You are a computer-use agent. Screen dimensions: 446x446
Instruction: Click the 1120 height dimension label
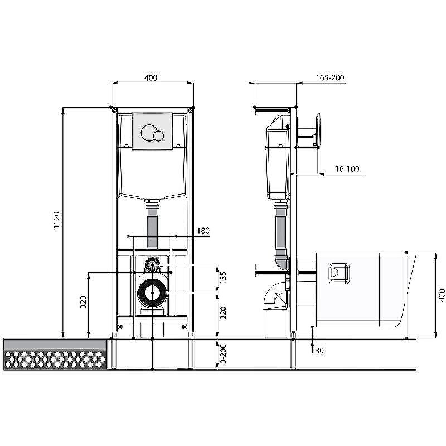click(x=57, y=220)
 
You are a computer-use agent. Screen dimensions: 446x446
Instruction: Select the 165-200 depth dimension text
click(x=330, y=77)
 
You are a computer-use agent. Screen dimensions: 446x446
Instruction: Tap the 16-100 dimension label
click(x=347, y=169)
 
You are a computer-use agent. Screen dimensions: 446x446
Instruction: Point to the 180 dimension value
click(x=203, y=230)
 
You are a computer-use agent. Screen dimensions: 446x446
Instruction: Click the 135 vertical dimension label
click(x=223, y=278)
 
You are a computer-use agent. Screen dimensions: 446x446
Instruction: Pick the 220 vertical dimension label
click(x=223, y=312)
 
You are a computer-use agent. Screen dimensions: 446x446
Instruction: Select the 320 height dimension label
click(x=83, y=302)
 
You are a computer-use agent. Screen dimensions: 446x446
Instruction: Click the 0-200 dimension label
click(x=223, y=354)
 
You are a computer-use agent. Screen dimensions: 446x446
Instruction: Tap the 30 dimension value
click(x=319, y=351)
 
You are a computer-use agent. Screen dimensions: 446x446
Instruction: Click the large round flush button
click(x=148, y=133)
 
